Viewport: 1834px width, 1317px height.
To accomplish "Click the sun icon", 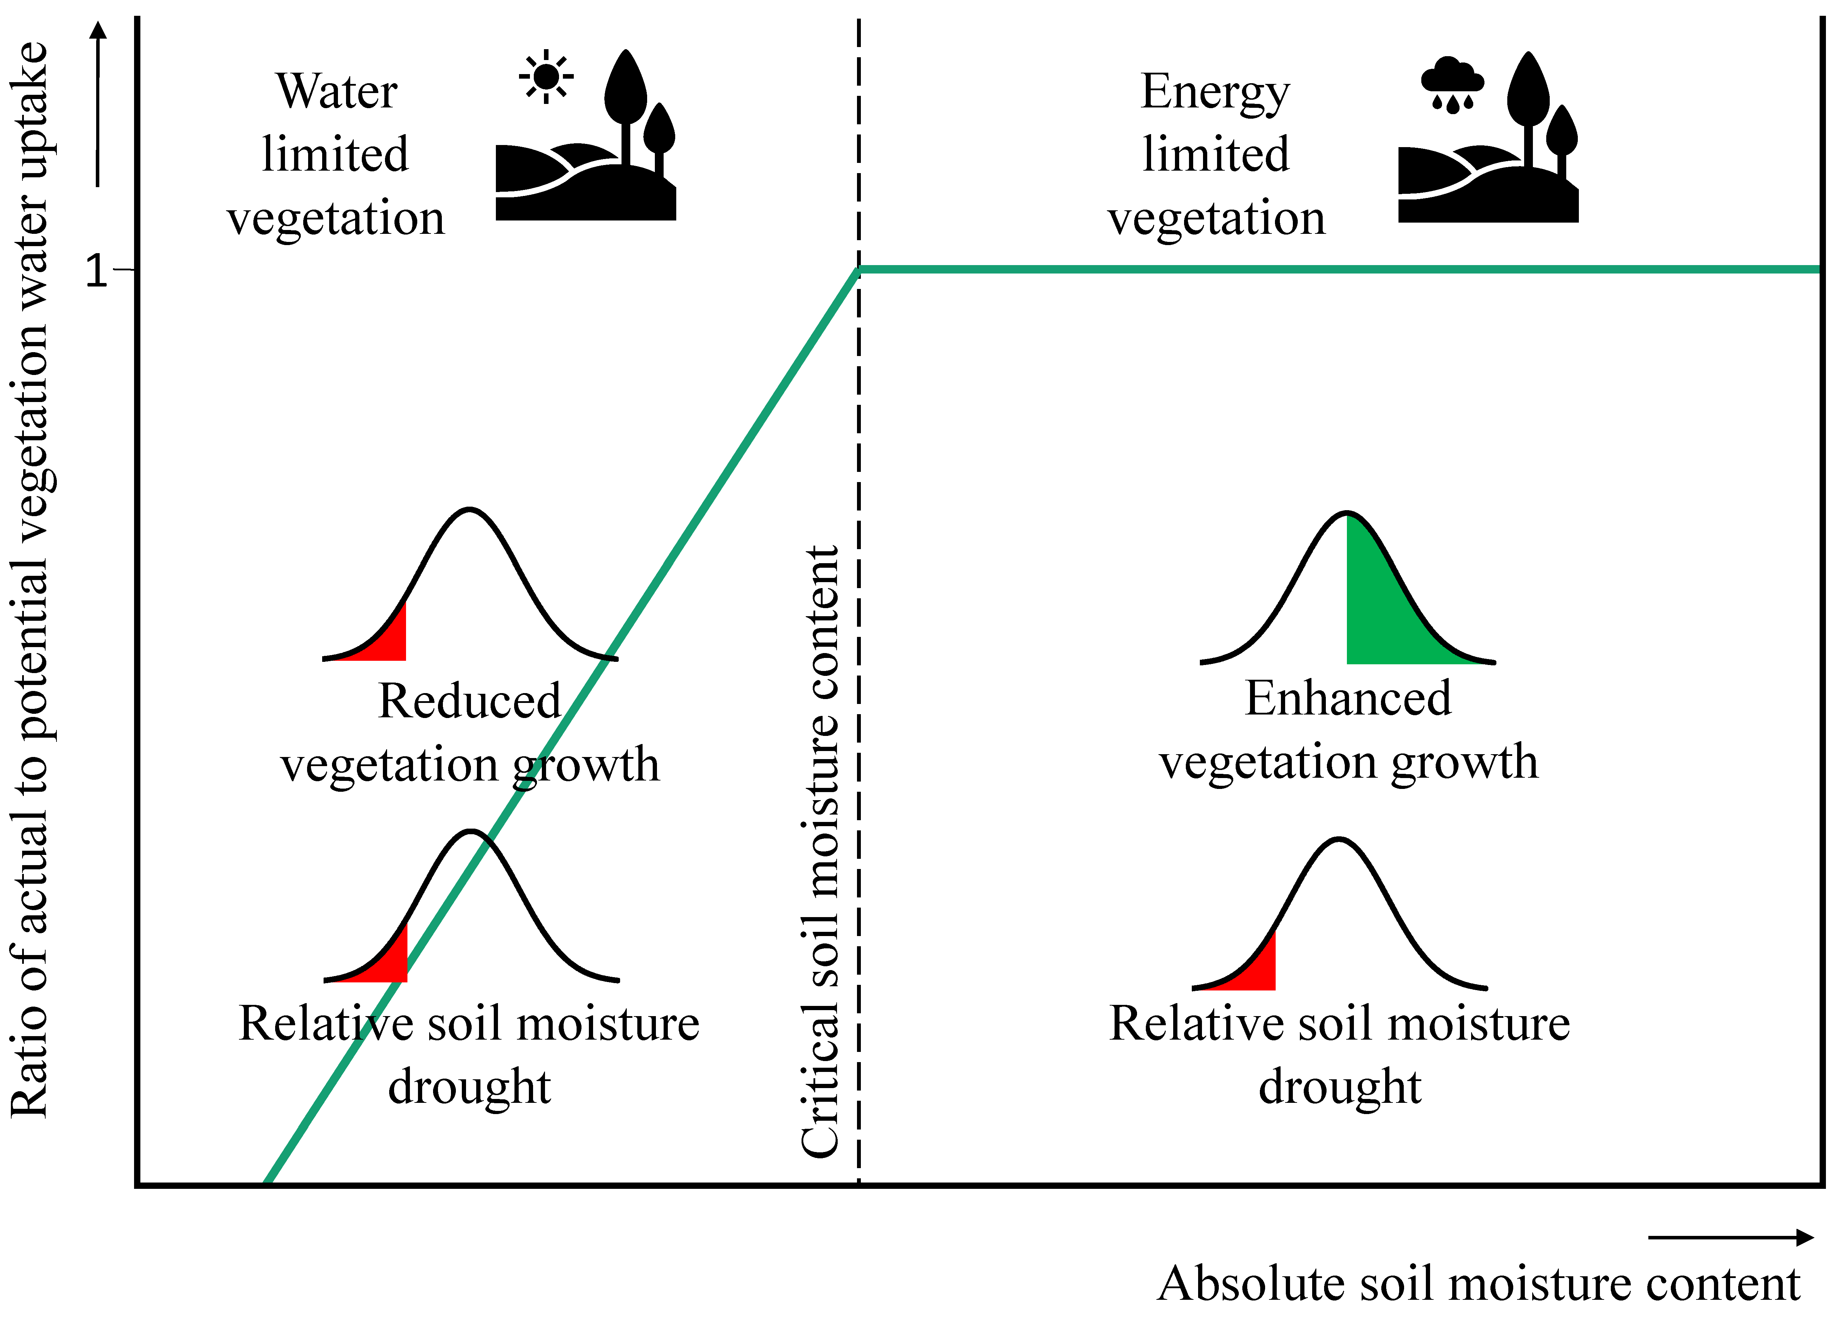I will point(547,77).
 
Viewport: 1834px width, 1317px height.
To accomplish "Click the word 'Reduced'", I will point(469,700).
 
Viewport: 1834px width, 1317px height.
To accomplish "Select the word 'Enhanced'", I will point(1348,698).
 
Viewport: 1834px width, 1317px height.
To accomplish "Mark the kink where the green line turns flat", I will point(859,269).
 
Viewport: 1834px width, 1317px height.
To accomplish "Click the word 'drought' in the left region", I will point(469,1088).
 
